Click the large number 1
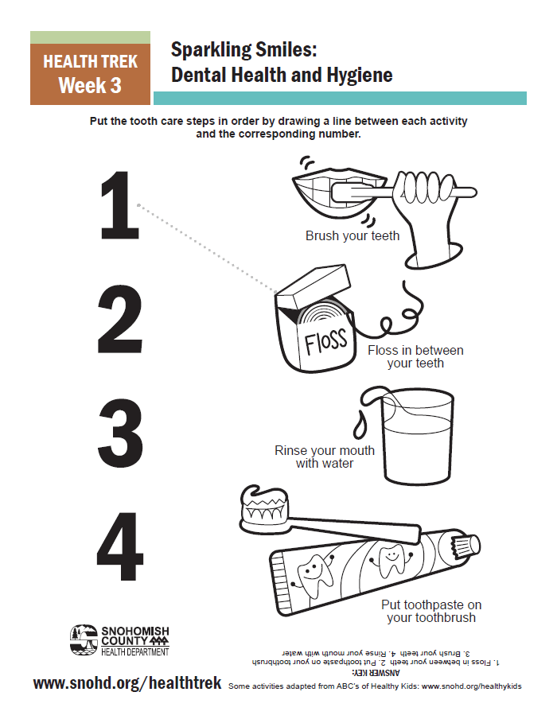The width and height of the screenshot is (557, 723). tap(120, 205)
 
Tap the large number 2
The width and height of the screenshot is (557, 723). tap(120, 319)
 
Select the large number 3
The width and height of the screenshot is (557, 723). tap(120, 433)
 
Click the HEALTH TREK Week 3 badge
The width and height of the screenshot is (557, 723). tap(91, 68)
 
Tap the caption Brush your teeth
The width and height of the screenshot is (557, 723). tap(353, 235)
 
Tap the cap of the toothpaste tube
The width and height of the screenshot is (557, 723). tap(464, 546)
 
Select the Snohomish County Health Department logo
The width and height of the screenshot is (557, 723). tap(119, 640)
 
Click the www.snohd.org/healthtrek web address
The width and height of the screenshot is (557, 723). tap(127, 683)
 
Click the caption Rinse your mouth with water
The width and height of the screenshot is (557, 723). tap(325, 457)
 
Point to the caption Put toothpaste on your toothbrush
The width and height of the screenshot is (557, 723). tap(431, 611)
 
